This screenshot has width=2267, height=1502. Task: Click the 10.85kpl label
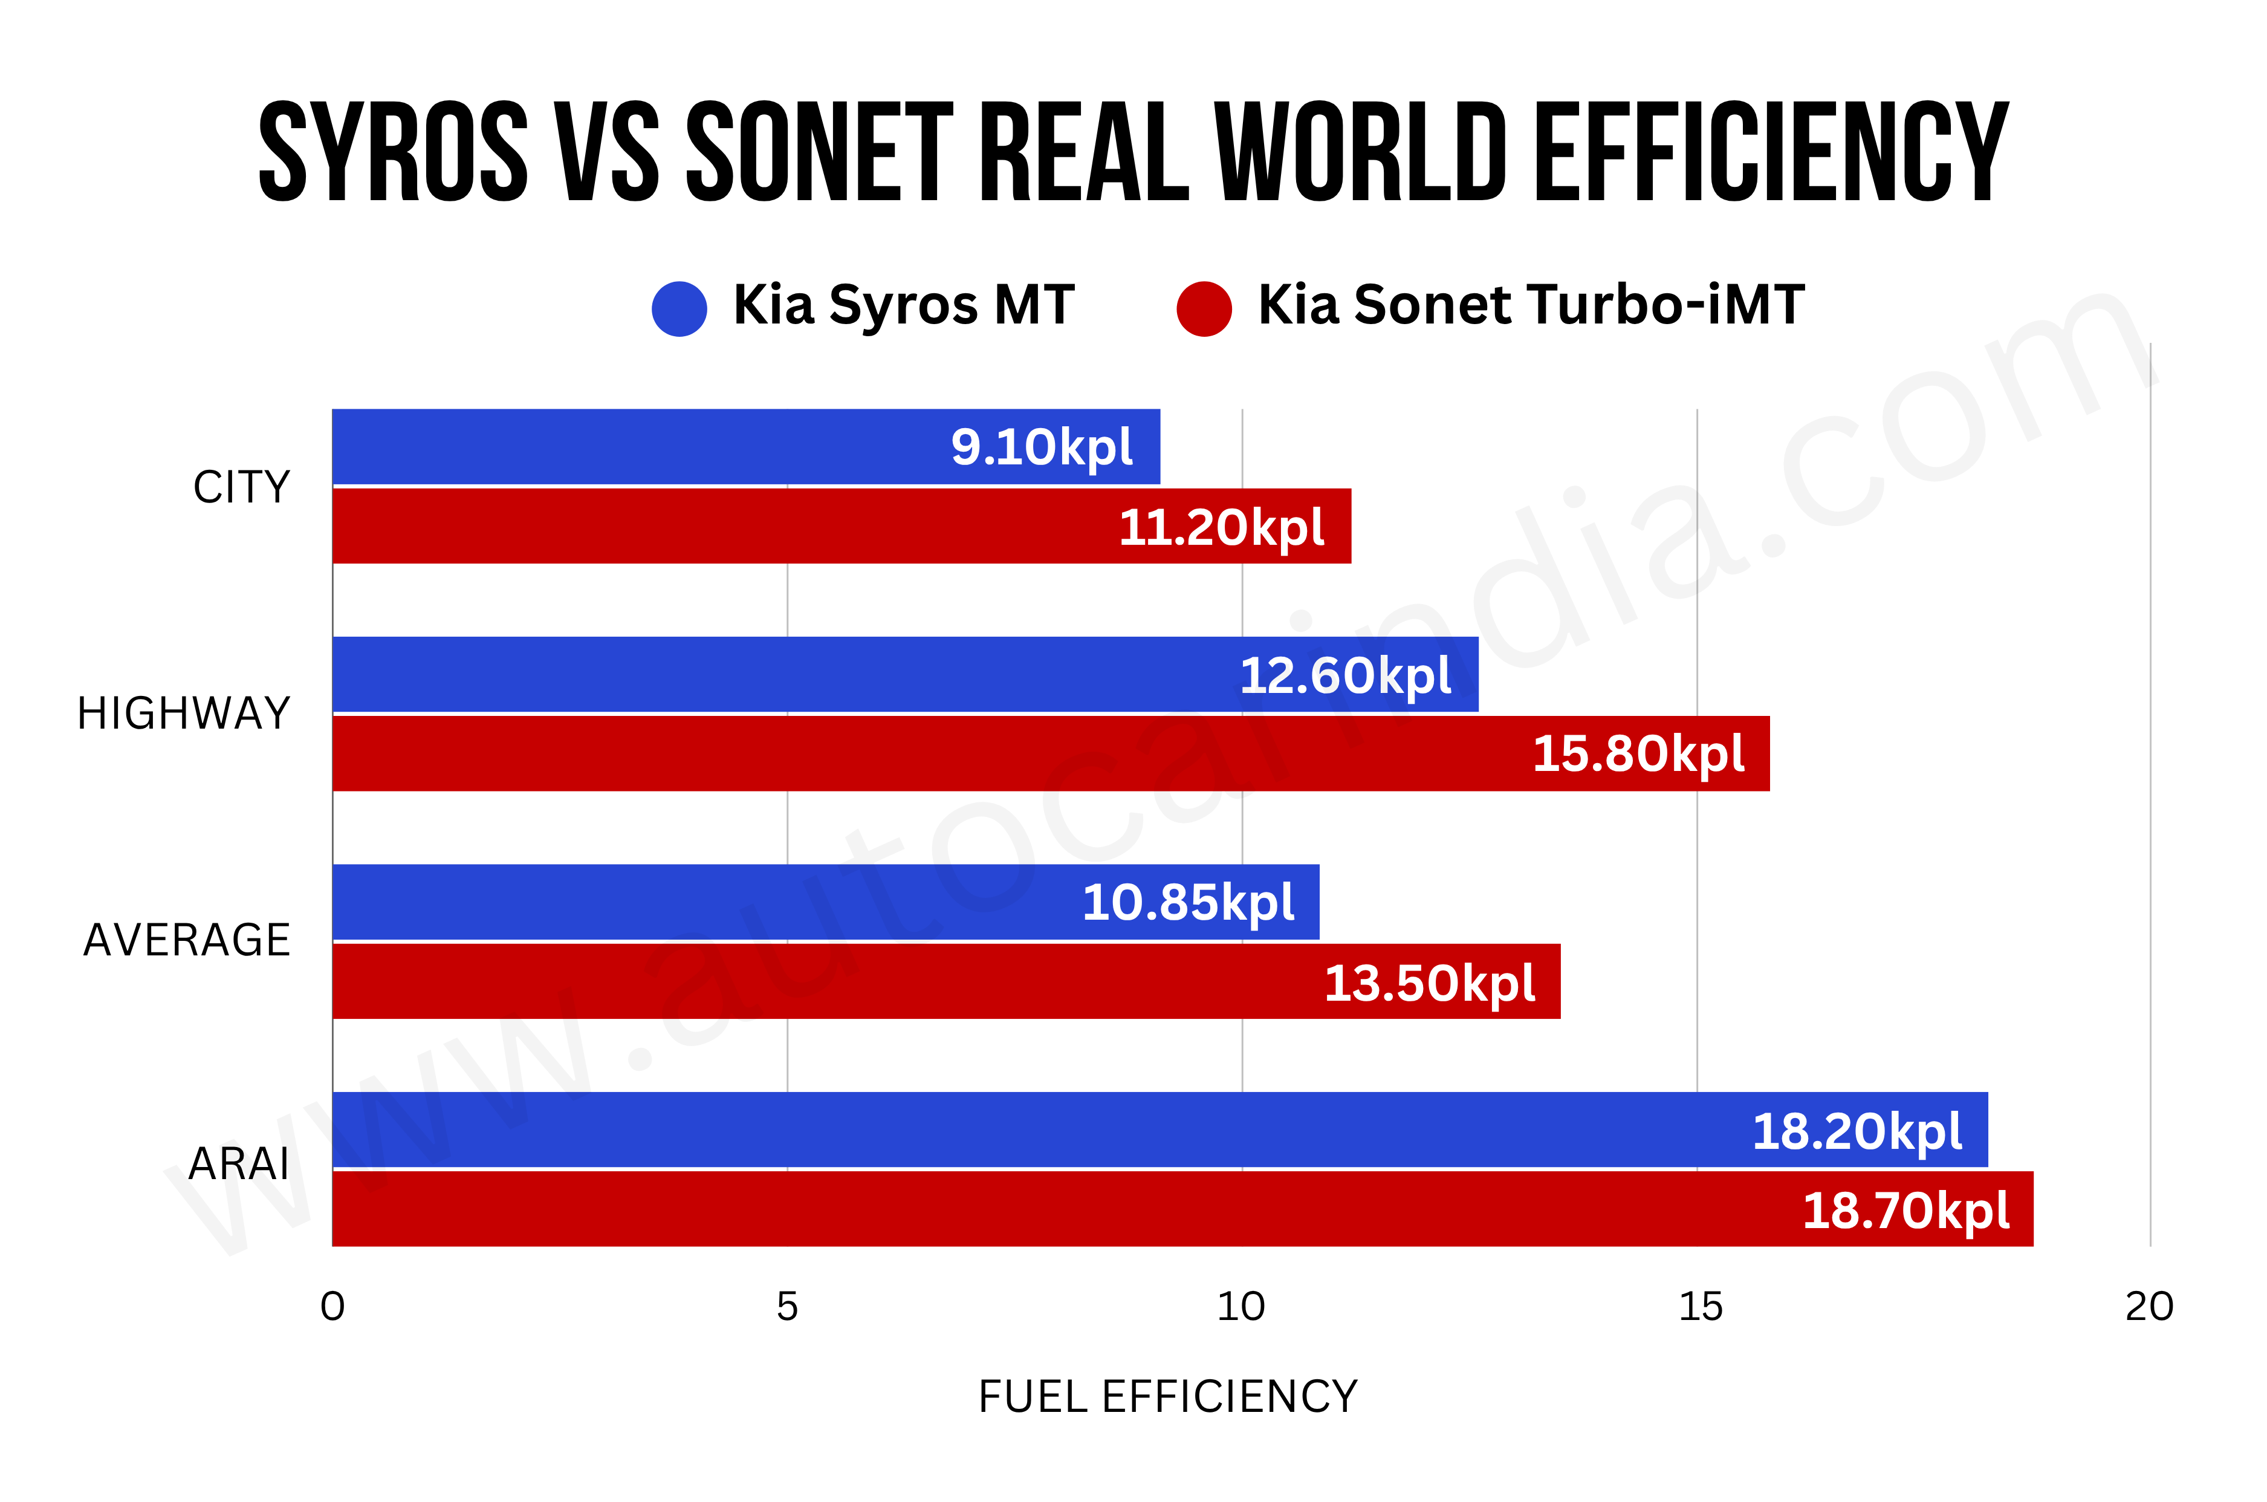1188,902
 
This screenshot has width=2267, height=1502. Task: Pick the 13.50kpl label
1429,983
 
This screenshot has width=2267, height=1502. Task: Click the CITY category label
241,487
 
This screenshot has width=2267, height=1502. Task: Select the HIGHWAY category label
184,714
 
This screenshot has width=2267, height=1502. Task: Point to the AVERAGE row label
187,940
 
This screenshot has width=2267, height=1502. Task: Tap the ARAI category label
238,1165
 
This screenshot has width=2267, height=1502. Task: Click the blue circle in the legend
679,308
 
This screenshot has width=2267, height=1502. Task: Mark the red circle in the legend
1204,308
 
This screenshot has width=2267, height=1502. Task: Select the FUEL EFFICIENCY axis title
1167,1397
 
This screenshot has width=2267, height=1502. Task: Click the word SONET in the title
820,153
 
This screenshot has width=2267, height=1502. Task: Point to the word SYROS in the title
394,153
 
